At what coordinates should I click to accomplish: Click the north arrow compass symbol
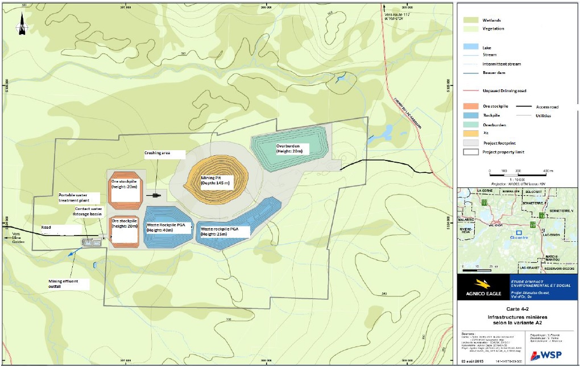[x=22, y=26]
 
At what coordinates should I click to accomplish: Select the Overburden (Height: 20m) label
[x=292, y=149]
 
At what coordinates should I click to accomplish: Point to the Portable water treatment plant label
[x=79, y=198]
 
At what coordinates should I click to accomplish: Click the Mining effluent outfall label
[x=63, y=283]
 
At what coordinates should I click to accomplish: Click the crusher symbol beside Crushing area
[x=155, y=196]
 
